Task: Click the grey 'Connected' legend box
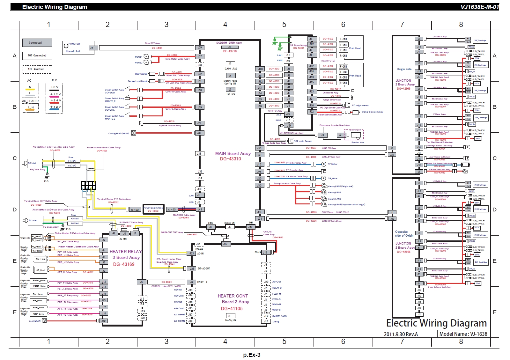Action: [37, 43]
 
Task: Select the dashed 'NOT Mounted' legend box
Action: [37, 69]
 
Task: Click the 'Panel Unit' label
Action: [73, 51]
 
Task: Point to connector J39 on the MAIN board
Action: [199, 48]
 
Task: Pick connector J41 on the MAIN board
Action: [199, 209]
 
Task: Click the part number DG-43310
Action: [230, 159]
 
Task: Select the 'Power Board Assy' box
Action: [153, 209]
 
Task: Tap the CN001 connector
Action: [135, 210]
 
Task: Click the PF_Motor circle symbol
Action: [324, 164]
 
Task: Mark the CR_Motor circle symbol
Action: [324, 178]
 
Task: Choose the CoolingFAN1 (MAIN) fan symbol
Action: [133, 133]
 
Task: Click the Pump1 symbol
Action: [146, 56]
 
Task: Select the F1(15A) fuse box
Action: [72, 161]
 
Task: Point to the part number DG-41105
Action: [232, 309]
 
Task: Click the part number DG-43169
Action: [124, 264]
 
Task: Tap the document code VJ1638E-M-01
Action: [479, 7]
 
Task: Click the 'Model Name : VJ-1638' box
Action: [463, 334]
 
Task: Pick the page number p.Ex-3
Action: [252, 355]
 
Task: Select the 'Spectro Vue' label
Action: [357, 143]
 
